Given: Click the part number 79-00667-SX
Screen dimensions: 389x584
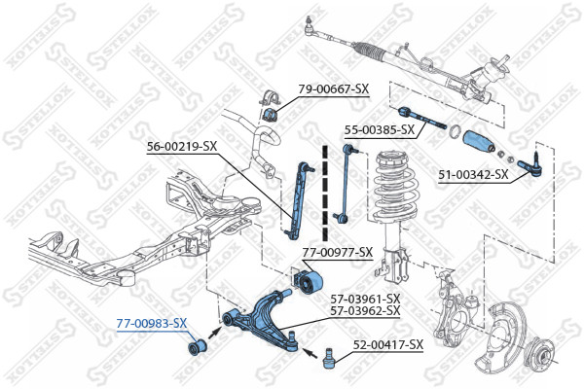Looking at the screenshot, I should click(333, 89).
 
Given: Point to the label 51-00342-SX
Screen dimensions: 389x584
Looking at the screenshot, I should click(473, 175).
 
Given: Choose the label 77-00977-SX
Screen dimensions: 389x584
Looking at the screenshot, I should click(337, 253).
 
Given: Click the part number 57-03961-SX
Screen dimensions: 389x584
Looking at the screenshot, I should click(365, 298).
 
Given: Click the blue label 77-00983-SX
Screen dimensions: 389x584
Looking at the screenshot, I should click(152, 323).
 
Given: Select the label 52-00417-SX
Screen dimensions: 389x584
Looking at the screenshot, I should click(387, 344).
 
